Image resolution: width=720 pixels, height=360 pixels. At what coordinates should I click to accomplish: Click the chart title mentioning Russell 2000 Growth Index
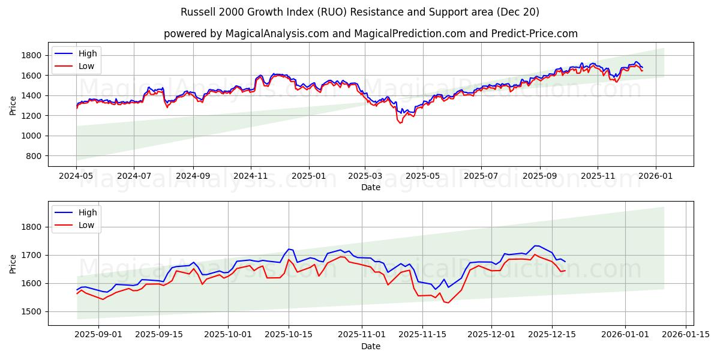360,12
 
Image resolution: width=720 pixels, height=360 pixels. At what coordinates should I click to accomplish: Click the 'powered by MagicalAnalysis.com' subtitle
371,34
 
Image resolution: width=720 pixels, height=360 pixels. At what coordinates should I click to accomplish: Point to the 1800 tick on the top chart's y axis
31,55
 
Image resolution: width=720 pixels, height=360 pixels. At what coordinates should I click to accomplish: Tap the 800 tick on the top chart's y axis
34,156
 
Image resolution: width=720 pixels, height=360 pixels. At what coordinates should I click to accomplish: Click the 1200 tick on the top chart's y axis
31,116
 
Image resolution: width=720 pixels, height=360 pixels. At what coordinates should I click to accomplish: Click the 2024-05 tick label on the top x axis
76,177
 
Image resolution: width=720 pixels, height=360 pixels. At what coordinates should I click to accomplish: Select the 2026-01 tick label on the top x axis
655,177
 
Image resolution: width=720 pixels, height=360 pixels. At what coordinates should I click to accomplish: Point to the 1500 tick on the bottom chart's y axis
31,311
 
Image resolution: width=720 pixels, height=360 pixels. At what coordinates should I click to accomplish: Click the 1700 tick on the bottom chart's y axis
31,255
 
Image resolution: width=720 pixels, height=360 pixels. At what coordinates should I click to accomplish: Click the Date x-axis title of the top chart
371,188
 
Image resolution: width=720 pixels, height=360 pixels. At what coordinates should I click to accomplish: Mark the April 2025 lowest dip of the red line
400,123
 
